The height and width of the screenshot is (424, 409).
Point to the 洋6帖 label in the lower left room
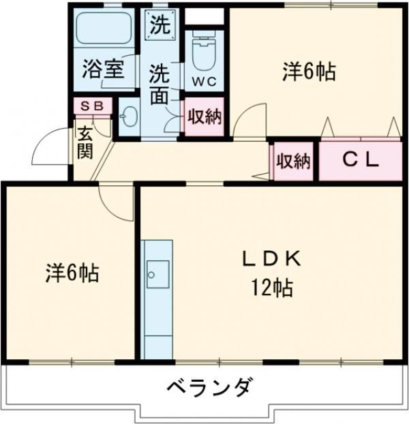[x=72, y=273]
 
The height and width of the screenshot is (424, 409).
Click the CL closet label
[x=360, y=161]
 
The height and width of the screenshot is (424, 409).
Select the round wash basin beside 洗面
[x=128, y=117]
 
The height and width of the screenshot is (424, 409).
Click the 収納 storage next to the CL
[x=293, y=162]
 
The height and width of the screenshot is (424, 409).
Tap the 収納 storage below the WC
[x=204, y=117]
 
